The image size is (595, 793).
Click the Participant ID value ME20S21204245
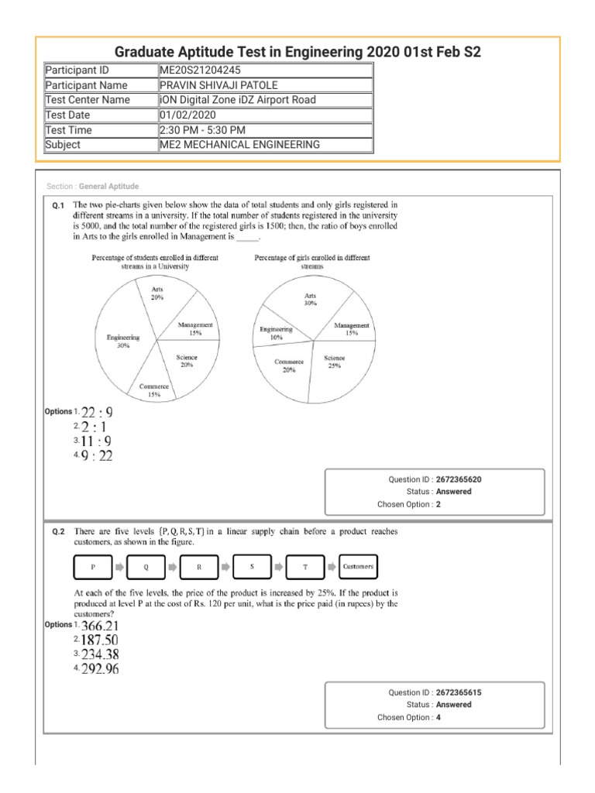coord(197,70)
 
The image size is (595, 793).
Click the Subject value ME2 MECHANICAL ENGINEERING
coord(238,144)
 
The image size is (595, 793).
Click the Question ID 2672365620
coord(463,480)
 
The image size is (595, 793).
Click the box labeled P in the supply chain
coord(92,567)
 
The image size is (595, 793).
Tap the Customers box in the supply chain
coord(358,567)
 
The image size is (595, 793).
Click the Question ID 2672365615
coord(463,692)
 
